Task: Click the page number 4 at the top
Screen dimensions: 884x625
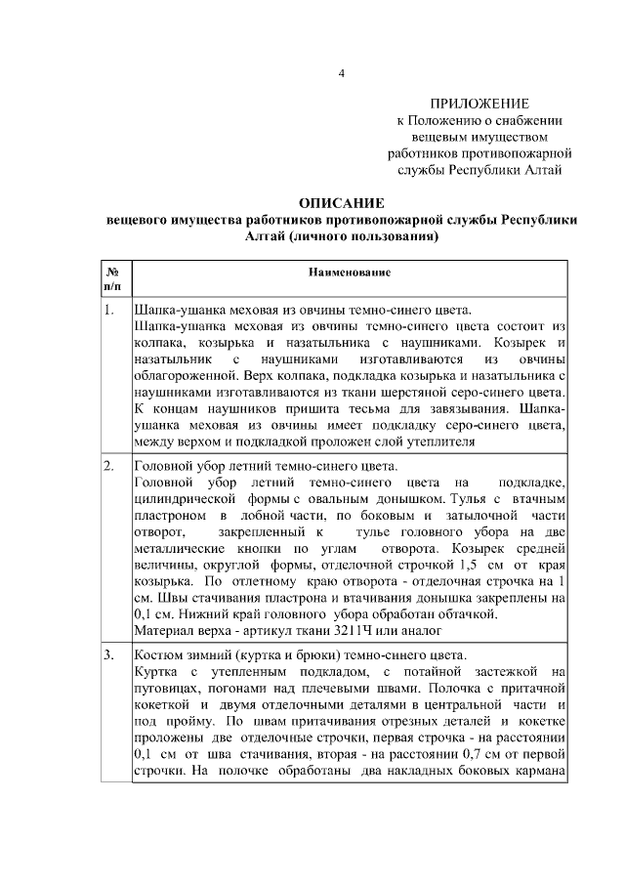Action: click(x=341, y=73)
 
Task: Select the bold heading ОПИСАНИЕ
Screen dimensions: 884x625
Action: click(x=341, y=203)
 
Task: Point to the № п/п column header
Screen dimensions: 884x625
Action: click(x=112, y=277)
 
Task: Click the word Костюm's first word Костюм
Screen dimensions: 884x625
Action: click(x=156, y=654)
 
